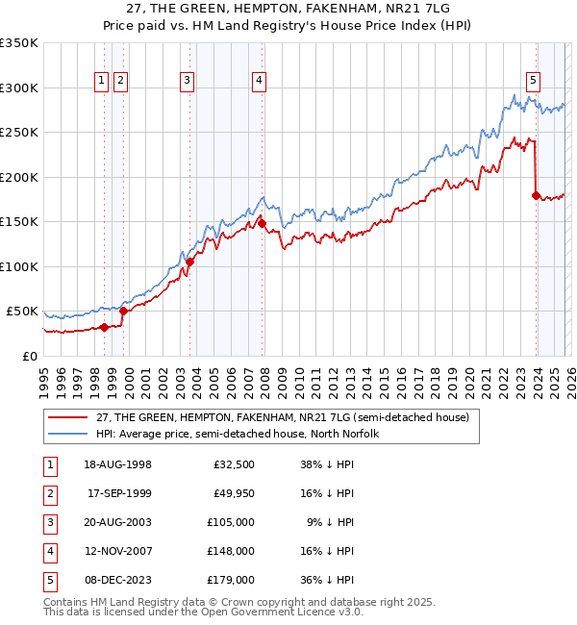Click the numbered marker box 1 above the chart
[x=101, y=82]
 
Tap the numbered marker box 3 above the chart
[x=187, y=82]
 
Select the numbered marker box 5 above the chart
[x=533, y=82]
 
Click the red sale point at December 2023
[x=536, y=195]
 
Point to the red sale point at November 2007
[x=262, y=224]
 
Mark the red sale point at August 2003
[x=189, y=262]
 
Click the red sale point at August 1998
[x=104, y=327]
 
